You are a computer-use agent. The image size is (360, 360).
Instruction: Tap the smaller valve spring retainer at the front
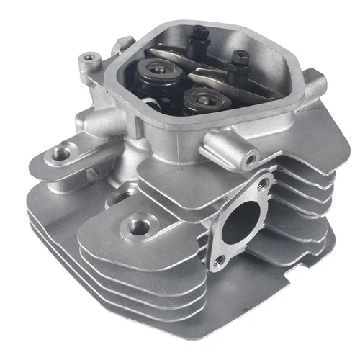(197, 97)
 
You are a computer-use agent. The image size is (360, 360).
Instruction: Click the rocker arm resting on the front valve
(216, 83)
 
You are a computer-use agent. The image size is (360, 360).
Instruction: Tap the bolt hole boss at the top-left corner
(89, 57)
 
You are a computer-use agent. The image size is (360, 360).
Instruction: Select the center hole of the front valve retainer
(197, 96)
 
